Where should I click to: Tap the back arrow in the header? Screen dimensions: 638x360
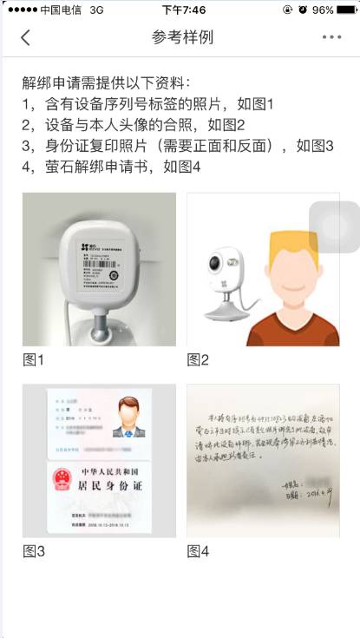[25, 37]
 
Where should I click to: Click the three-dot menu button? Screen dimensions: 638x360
[331, 37]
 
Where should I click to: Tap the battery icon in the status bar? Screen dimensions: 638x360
[344, 10]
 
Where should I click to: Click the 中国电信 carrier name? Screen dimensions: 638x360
[63, 10]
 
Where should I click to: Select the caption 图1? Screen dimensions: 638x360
[33, 358]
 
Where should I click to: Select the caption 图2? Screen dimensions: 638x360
[198, 358]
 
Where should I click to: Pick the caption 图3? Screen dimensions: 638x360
[33, 549]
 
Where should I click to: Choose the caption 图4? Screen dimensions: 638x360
[198, 549]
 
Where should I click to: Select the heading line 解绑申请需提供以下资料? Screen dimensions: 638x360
[105, 83]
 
